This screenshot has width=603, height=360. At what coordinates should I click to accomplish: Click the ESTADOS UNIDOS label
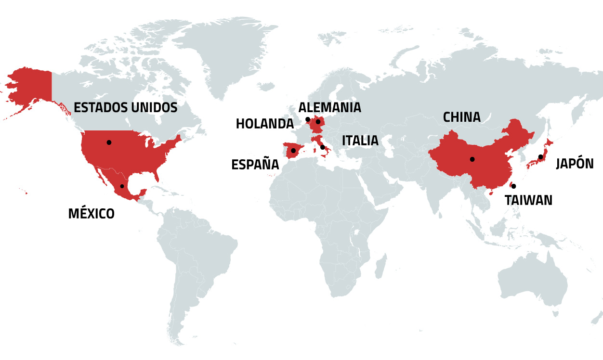pyautogui.click(x=125, y=107)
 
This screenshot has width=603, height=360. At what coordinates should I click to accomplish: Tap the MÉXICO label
pyautogui.click(x=92, y=213)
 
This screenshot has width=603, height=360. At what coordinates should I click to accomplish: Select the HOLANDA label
pyautogui.click(x=264, y=124)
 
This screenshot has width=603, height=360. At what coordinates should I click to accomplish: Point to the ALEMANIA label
pyautogui.click(x=329, y=107)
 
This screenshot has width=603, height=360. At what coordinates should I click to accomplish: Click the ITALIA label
pyautogui.click(x=360, y=141)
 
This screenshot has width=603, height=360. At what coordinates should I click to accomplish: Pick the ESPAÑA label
pyautogui.click(x=255, y=165)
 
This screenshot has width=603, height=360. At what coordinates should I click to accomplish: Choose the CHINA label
pyautogui.click(x=461, y=117)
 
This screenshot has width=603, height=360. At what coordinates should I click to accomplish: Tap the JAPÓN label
pyautogui.click(x=575, y=164)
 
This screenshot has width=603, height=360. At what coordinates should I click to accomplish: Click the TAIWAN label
pyautogui.click(x=528, y=200)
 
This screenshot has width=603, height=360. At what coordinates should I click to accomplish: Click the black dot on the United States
pyautogui.click(x=109, y=142)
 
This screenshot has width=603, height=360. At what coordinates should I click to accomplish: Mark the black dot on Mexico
pyautogui.click(x=122, y=186)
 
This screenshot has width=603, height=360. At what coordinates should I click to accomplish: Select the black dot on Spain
pyautogui.click(x=293, y=151)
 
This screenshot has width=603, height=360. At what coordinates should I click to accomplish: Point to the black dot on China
pyautogui.click(x=472, y=159)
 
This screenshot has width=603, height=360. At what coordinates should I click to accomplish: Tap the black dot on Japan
pyautogui.click(x=541, y=157)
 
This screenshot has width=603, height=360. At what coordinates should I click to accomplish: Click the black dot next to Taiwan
pyautogui.click(x=513, y=186)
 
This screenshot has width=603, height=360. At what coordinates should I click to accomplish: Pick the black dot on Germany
pyautogui.click(x=318, y=122)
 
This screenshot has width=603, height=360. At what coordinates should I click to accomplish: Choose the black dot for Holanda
pyautogui.click(x=308, y=119)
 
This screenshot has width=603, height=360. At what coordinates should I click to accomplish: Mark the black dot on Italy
pyautogui.click(x=322, y=147)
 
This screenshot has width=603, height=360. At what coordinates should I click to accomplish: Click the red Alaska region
pyautogui.click(x=31, y=87)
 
